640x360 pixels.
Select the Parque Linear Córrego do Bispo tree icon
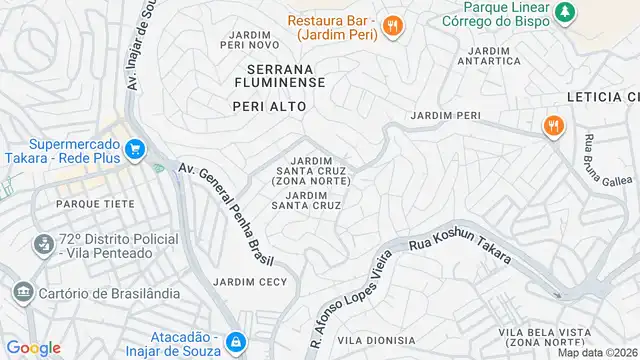pyautogui.click(x=567, y=11)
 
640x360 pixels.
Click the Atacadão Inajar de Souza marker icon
pyautogui.click(x=235, y=342)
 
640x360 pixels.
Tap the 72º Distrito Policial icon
pyautogui.click(x=43, y=244)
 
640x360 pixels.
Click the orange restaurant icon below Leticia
pyautogui.click(x=551, y=127)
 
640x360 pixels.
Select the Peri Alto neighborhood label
pyautogui.click(x=267, y=105)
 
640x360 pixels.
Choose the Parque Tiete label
pyautogui.click(x=82, y=203)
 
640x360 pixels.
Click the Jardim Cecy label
pyautogui.click(x=250, y=281)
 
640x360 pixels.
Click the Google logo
pyautogui.click(x=34, y=347)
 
